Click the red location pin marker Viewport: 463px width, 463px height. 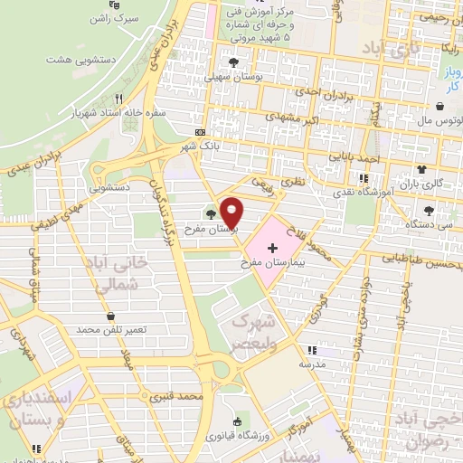232,212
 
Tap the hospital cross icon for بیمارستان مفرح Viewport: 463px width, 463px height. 273,247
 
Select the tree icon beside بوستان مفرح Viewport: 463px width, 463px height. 211,214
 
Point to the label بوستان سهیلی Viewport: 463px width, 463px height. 234,79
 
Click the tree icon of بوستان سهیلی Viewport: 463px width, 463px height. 234,62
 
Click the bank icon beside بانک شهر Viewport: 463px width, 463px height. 199,131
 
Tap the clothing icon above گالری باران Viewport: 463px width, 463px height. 421,169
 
